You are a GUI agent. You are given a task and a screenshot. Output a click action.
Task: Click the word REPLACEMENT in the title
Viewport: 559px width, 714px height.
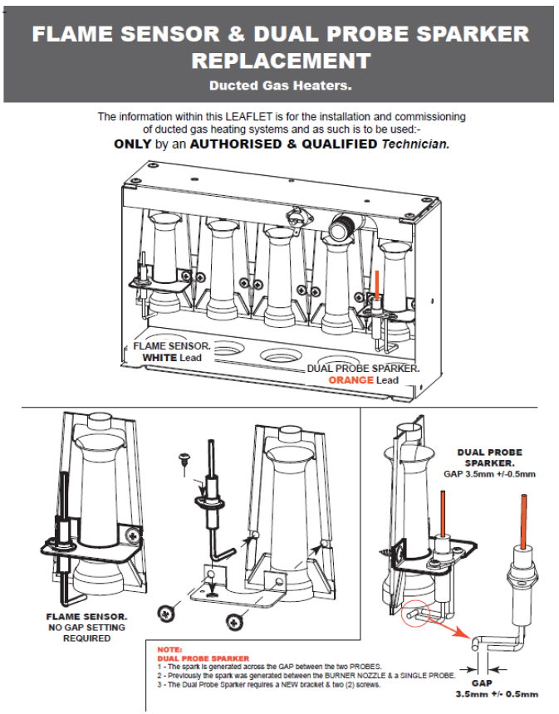click(280, 61)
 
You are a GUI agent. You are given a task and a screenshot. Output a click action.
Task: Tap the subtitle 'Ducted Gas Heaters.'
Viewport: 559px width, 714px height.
click(280, 85)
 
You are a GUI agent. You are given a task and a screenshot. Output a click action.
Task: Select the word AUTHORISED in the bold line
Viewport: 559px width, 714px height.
click(243, 144)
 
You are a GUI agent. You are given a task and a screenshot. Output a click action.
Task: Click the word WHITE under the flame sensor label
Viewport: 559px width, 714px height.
click(160, 358)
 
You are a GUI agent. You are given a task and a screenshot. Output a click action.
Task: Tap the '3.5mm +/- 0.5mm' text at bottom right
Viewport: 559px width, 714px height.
click(497, 694)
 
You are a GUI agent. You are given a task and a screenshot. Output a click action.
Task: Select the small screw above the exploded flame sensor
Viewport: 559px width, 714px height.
click(184, 459)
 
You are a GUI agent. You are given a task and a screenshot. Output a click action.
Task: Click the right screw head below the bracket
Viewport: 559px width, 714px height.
click(236, 617)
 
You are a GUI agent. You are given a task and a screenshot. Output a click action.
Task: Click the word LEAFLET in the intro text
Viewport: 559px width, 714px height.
click(251, 116)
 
